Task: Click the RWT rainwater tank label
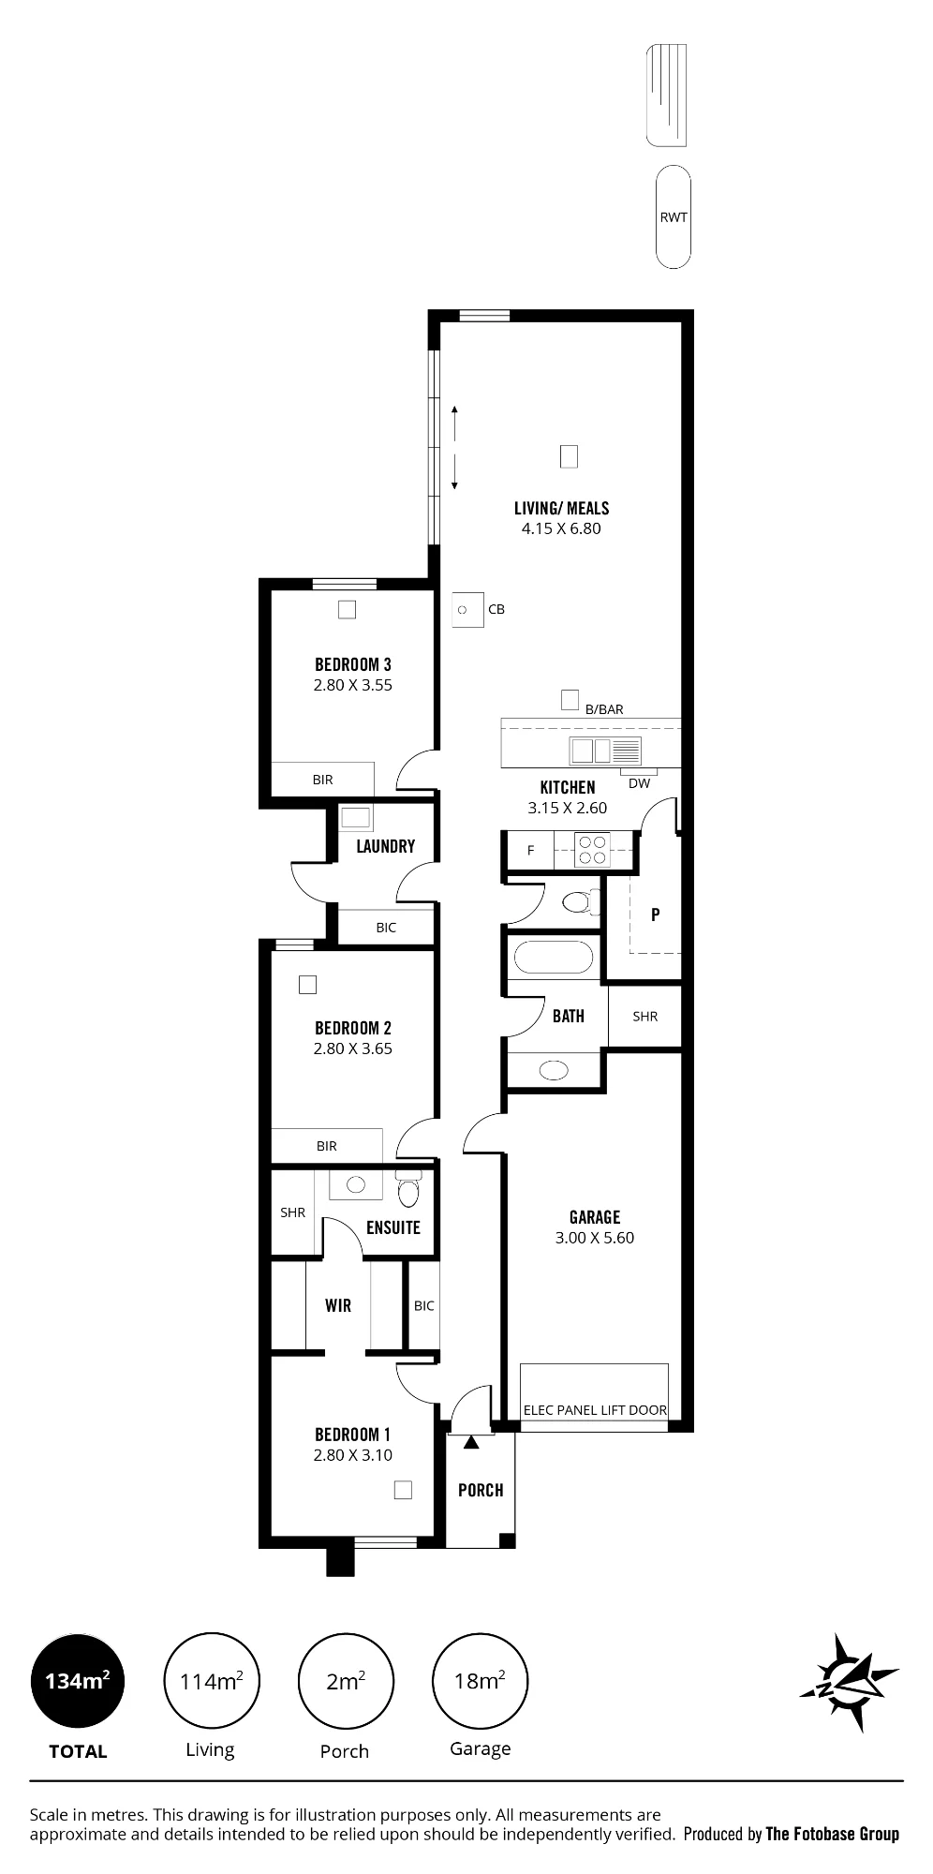(674, 217)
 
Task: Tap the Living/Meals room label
(561, 508)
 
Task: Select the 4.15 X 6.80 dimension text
(561, 528)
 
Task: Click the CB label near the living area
(496, 609)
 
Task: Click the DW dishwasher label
(640, 783)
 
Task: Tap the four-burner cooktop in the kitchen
(592, 850)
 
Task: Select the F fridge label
(531, 851)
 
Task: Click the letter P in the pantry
(656, 915)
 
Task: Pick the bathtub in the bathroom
(554, 959)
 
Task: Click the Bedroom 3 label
(353, 665)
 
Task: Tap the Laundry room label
(385, 846)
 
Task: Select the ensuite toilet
(407, 1189)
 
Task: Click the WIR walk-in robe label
(338, 1305)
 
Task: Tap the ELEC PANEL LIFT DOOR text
(595, 1409)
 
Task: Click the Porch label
(481, 1490)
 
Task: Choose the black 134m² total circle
(78, 1681)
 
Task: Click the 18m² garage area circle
(480, 1681)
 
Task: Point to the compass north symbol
(849, 1682)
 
